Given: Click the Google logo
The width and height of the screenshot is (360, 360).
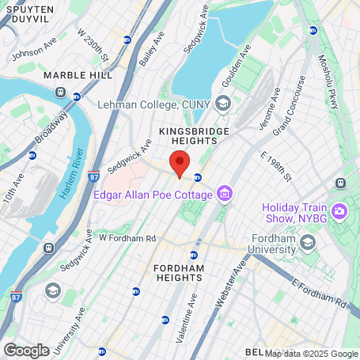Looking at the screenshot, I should [x=26, y=350].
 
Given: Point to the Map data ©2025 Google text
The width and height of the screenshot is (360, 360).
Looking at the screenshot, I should [x=311, y=354].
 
